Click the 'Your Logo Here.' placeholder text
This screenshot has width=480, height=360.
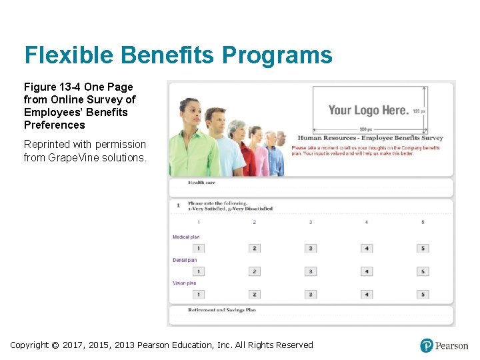pyautogui.click(x=368, y=111)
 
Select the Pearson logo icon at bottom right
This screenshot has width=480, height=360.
pyautogui.click(x=427, y=345)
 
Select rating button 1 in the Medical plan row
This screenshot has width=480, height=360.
pyautogui.click(x=198, y=249)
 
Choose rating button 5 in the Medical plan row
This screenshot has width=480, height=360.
pyautogui.click(x=423, y=249)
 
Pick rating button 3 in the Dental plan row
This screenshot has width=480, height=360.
pyautogui.click(x=311, y=271)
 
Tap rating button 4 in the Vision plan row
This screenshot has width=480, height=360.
pyautogui.click(x=367, y=294)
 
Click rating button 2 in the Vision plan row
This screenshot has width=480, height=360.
pyautogui.click(x=255, y=294)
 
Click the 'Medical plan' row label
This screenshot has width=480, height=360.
pyautogui.click(x=186, y=237)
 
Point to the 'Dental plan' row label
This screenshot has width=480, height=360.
pyautogui.click(x=185, y=260)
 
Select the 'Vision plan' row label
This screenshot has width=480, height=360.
pyautogui.click(x=185, y=283)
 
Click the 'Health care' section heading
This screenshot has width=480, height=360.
pyautogui.click(x=201, y=183)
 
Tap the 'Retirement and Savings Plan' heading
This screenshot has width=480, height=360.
pyautogui.click(x=221, y=310)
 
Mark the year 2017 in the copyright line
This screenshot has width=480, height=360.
pyautogui.click(x=75, y=345)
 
